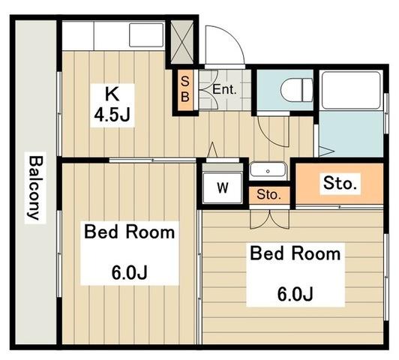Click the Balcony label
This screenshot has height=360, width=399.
point(35,187)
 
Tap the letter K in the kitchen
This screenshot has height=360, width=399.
point(112,94)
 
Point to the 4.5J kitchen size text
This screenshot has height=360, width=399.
point(112,115)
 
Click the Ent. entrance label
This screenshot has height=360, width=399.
point(224,89)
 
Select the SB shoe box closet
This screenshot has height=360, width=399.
point(185,90)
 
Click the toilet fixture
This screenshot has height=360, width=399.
point(297,90)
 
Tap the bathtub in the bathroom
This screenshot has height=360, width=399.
point(352,91)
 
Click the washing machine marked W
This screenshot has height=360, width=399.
point(223,187)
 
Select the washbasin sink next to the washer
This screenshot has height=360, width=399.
point(268,170)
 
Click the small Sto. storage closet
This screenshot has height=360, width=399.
point(269,196)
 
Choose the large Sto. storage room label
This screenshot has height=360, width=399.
point(340,183)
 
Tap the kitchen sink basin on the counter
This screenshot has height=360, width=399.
point(146,35)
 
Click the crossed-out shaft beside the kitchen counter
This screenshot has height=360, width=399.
point(181,42)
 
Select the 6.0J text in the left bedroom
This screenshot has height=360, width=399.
point(130,272)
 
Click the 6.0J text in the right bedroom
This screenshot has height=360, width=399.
point(295,294)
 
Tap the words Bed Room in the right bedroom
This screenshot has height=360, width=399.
point(295,253)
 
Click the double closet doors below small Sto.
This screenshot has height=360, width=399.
point(270,218)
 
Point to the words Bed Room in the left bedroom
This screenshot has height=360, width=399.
point(130,232)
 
